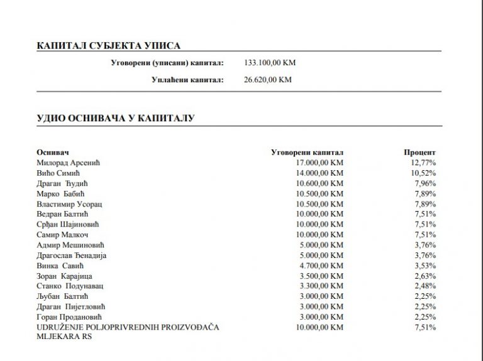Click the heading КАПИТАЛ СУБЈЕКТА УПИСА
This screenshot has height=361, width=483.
(x=109, y=46)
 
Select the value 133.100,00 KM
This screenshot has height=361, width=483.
(x=269, y=63)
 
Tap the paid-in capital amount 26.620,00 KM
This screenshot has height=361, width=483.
(x=267, y=80)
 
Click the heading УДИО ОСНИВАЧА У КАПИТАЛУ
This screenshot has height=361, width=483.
(x=116, y=118)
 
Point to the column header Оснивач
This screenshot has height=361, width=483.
(x=52, y=153)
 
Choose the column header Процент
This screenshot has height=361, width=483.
(x=419, y=153)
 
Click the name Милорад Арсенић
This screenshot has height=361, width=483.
(x=69, y=163)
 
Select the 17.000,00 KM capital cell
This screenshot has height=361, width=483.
(x=319, y=163)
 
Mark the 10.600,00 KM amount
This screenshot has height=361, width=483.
(x=319, y=183)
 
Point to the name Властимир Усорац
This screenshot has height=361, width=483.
(x=69, y=204)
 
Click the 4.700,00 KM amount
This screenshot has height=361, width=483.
(x=321, y=266)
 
